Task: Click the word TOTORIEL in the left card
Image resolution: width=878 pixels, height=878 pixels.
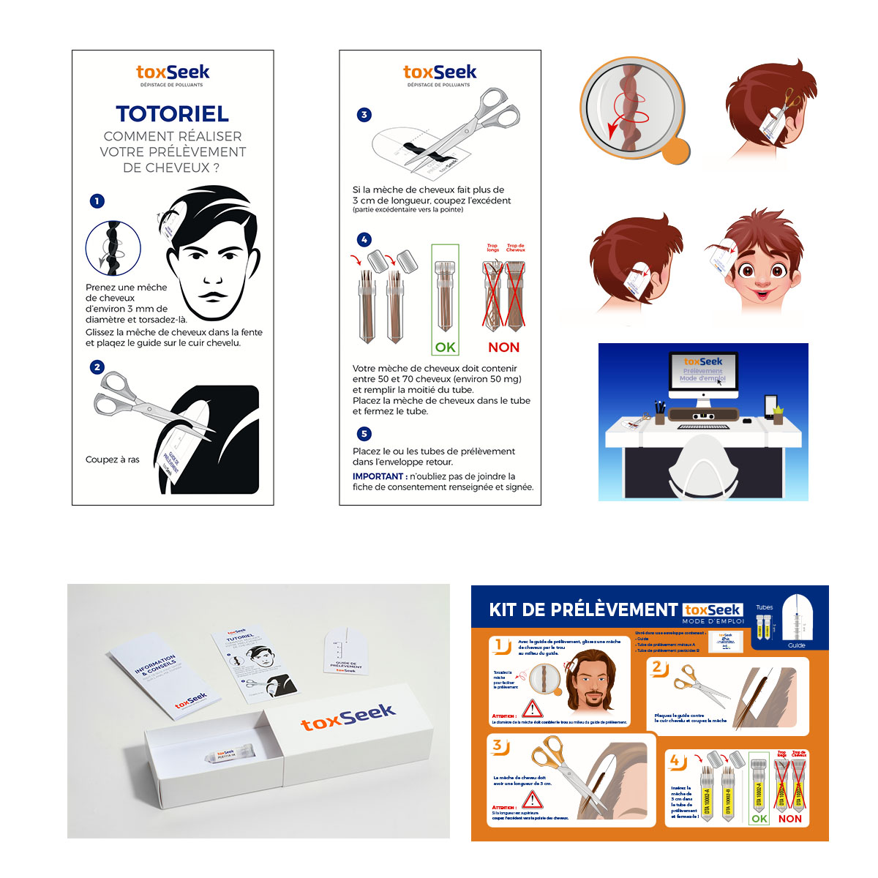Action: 172,113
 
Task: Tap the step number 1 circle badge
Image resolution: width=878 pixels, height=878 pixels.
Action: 97,200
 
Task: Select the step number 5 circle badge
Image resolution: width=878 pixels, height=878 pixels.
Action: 364,433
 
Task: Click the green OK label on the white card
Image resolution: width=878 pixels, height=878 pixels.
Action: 445,348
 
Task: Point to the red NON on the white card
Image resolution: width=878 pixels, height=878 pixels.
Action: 503,348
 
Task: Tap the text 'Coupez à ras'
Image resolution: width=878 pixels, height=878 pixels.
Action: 112,459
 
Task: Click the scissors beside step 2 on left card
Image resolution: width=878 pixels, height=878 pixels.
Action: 139,401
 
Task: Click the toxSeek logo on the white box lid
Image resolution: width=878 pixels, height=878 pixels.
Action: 348,717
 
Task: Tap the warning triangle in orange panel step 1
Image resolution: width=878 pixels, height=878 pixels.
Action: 532,708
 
